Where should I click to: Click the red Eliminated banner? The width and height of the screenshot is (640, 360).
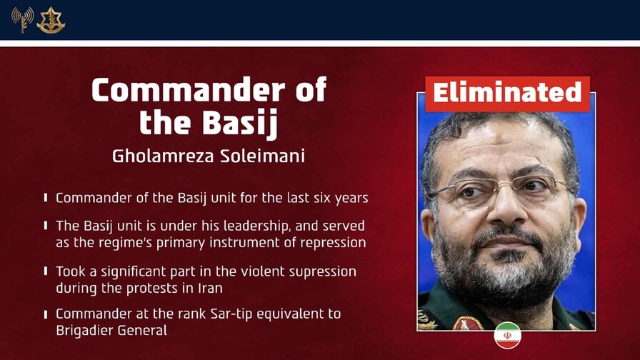coord(507,94)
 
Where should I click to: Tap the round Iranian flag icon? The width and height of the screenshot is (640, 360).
coord(507,336)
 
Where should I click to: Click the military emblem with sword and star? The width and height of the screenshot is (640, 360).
coord(51,20)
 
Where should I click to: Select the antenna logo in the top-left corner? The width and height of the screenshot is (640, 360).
coord(22,20)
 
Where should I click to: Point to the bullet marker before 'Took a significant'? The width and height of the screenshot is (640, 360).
coord(46,271)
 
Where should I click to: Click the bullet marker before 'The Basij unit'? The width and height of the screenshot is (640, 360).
coord(46,226)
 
